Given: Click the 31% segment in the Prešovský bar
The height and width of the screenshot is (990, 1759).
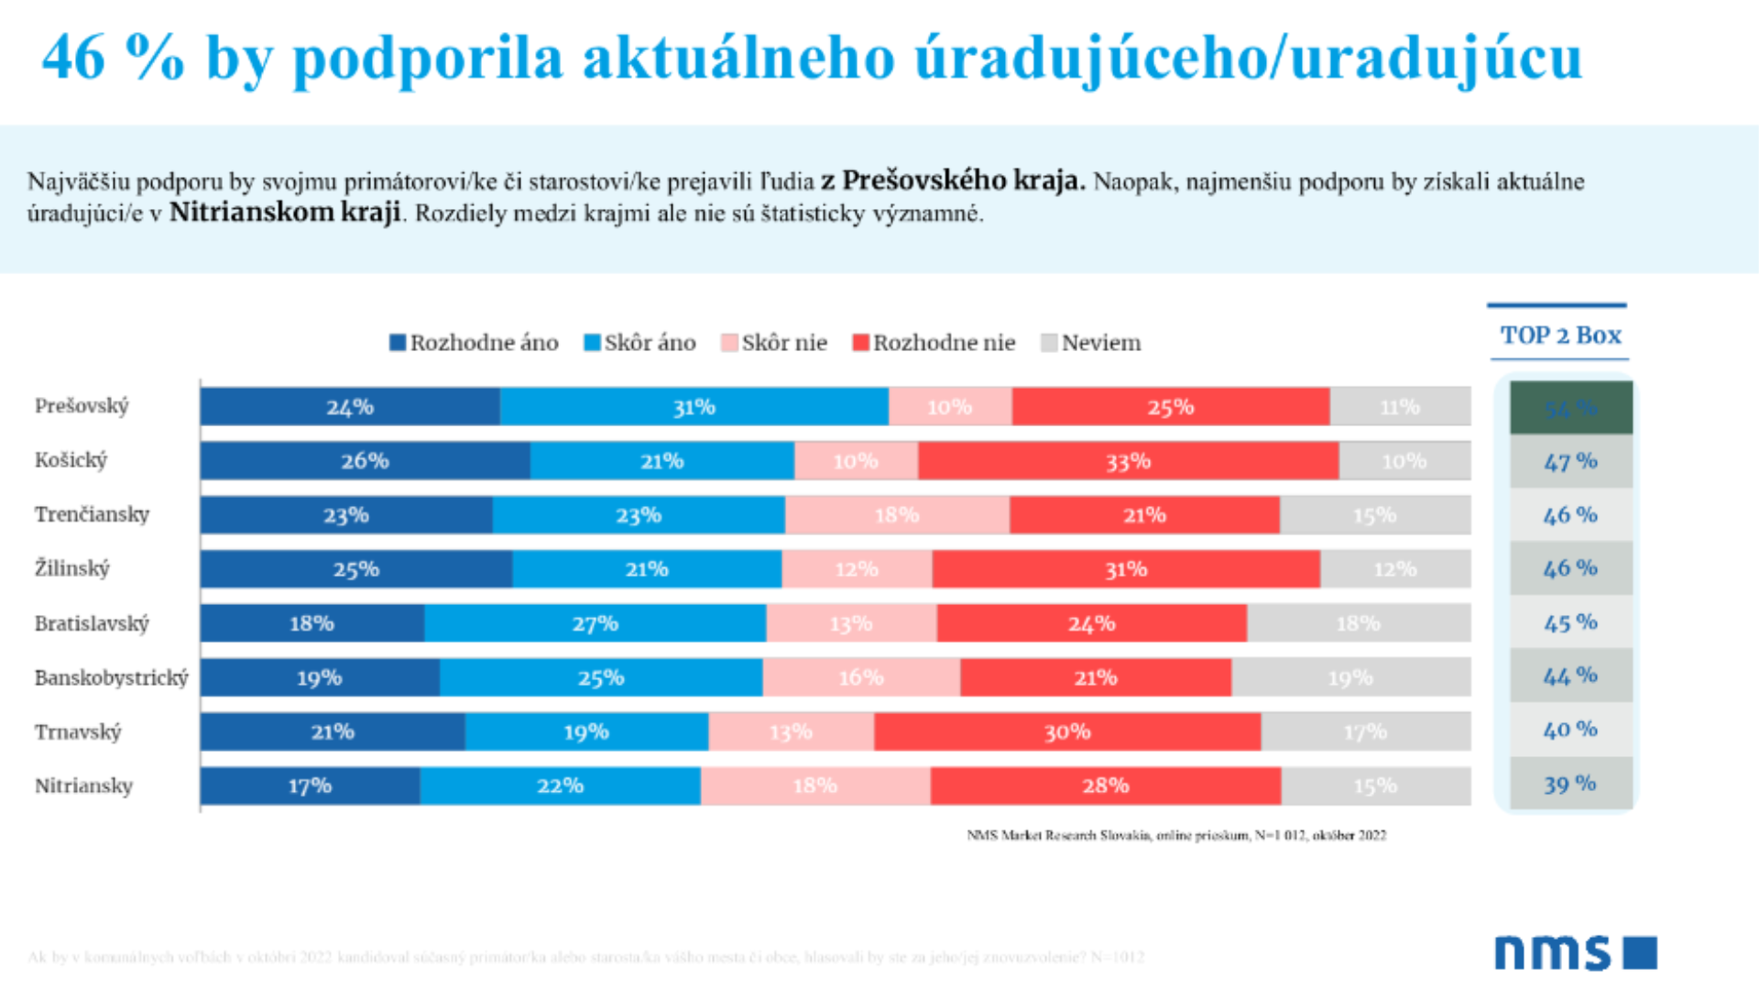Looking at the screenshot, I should click(694, 407).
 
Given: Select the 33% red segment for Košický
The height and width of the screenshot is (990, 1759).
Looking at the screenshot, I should click(1128, 461).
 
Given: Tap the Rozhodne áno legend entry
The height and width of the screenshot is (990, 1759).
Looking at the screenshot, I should click(474, 343).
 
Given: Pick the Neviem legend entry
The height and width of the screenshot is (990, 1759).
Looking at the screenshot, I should click(1091, 343).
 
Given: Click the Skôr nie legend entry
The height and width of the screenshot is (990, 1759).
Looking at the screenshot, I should click(774, 343).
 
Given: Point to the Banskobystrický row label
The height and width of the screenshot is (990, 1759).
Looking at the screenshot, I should click(111, 677).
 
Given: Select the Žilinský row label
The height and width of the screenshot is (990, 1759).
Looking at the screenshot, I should click(72, 568).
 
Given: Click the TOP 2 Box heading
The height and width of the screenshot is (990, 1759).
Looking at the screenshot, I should click(1560, 335).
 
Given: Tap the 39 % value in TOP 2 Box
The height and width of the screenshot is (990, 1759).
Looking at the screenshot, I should click(1570, 785).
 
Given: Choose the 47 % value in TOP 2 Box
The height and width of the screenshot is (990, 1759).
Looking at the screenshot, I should click(1570, 461).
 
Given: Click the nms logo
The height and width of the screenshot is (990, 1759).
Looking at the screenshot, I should click(1575, 952).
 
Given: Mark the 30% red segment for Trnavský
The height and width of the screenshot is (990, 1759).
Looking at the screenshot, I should click(1067, 731).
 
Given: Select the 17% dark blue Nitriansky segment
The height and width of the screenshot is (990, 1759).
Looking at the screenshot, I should click(310, 786).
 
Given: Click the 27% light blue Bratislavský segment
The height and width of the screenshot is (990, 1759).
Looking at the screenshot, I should click(595, 623).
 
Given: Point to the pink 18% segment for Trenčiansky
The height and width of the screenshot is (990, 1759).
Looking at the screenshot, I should click(897, 515).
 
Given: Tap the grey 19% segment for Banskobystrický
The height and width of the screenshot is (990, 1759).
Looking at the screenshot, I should click(1350, 677).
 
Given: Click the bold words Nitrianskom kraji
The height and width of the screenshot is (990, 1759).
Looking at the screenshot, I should click(285, 212).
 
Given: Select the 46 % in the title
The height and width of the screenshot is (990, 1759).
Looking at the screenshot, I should click(113, 58).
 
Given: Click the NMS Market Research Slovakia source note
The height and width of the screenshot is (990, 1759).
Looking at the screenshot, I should click(1176, 835).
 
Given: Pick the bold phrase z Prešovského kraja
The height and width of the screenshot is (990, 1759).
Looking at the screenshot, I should click(953, 180).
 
